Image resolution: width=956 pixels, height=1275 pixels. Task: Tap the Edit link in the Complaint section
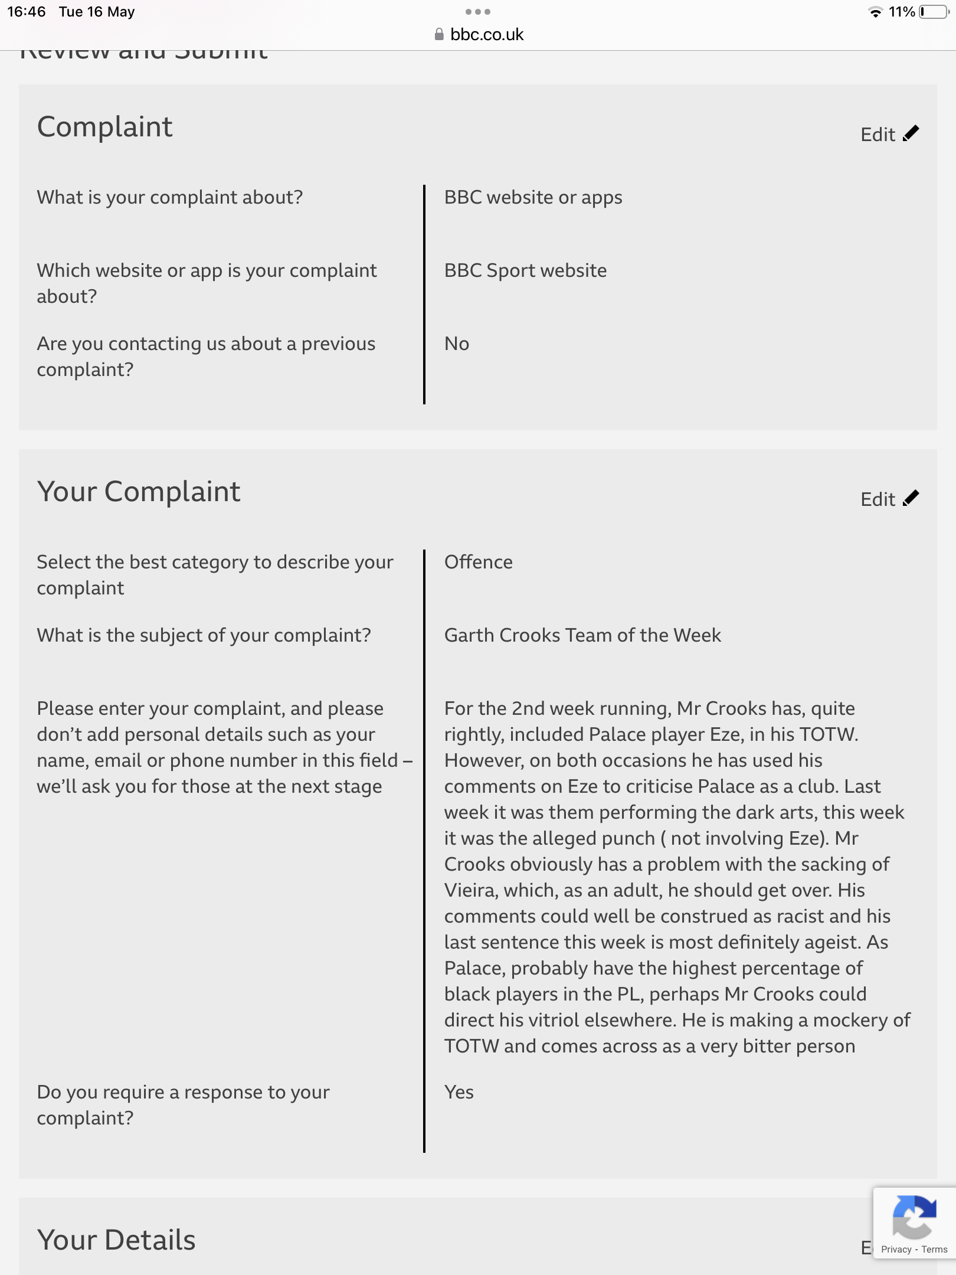[889, 135]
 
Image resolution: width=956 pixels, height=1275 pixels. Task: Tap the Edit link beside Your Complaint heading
[889, 499]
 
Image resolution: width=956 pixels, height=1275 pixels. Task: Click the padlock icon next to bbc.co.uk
[438, 34]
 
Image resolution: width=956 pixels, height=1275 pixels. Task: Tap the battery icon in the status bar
[933, 12]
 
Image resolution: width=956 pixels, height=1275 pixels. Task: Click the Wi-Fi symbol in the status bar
[875, 12]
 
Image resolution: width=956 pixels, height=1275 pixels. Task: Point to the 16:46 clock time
[27, 12]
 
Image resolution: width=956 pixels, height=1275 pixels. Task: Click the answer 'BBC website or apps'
[533, 197]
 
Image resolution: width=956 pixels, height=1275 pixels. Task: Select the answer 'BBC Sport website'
[525, 270]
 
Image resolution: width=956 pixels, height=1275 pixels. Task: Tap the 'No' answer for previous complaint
[456, 344]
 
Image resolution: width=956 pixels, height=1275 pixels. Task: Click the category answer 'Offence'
[478, 562]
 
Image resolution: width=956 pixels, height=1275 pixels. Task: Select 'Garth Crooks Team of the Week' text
[582, 635]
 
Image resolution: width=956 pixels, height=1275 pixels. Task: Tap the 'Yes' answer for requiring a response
[459, 1092]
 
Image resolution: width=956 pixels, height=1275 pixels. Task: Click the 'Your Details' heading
[116, 1240]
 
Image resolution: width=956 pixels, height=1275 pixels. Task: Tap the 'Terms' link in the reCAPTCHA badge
[934, 1250]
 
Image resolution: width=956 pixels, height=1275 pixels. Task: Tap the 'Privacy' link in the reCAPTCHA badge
[896, 1250]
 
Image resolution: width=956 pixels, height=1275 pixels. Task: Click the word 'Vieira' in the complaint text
[470, 890]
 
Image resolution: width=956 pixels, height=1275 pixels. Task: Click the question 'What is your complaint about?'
[169, 197]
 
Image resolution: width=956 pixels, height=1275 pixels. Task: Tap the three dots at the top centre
[477, 12]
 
